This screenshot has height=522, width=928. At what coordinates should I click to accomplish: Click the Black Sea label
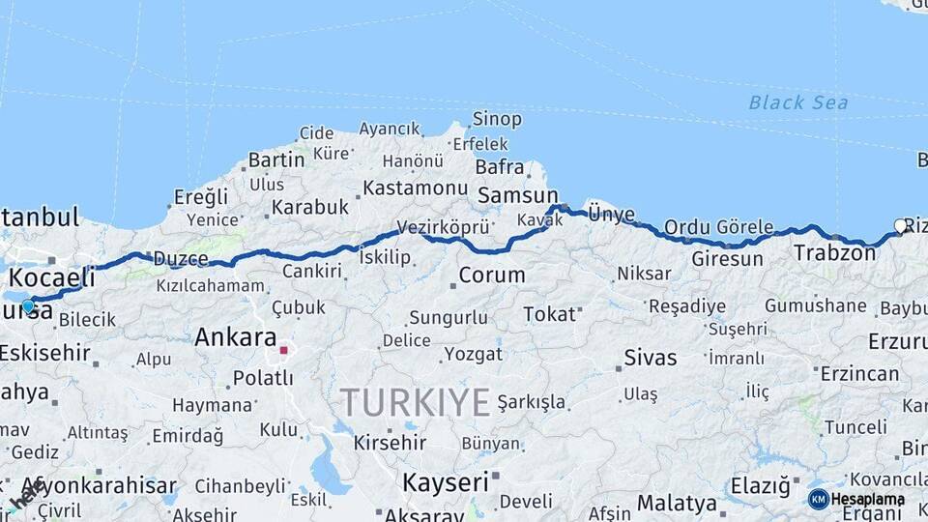click(797, 102)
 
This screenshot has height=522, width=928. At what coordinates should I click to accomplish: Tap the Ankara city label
click(235, 337)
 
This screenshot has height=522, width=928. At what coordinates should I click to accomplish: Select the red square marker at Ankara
click(283, 351)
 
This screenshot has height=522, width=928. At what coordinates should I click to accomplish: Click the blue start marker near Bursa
click(28, 306)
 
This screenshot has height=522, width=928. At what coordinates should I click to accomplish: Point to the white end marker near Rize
click(900, 226)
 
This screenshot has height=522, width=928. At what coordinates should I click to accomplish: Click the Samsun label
click(518, 195)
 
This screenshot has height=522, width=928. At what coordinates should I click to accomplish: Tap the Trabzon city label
click(834, 253)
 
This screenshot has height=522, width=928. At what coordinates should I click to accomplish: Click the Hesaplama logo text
click(867, 499)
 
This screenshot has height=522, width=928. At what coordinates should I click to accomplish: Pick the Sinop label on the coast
click(497, 120)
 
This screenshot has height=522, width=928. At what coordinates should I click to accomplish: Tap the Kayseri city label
click(445, 481)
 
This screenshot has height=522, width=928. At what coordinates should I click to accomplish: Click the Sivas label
click(651, 357)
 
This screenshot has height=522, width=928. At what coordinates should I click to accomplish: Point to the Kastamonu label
click(415, 188)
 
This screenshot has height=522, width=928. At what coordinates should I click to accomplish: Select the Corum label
click(491, 275)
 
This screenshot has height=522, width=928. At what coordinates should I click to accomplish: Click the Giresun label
click(727, 259)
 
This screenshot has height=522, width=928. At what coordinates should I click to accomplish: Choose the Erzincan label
click(859, 373)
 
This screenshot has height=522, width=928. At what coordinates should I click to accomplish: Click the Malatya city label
click(677, 503)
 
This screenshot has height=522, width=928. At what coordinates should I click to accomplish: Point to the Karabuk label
click(309, 207)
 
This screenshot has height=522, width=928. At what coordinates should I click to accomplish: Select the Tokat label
click(549, 314)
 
